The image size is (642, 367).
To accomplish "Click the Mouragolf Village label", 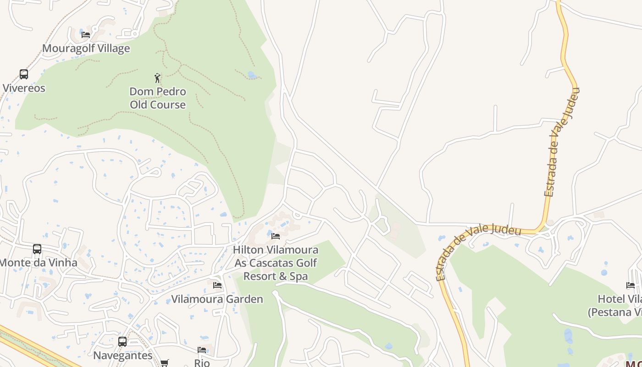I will (86, 48).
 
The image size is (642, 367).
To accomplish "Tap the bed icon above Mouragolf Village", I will (86, 34).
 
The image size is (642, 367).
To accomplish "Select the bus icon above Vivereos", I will (24, 74).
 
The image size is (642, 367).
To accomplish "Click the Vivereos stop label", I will (24, 88).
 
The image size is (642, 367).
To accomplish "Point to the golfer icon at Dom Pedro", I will (158, 78).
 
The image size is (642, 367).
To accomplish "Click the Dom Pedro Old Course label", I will (158, 98).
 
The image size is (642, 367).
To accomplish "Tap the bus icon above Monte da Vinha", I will (37, 249).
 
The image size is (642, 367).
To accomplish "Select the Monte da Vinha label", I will (38, 263).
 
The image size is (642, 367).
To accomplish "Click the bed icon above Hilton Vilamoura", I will (276, 236).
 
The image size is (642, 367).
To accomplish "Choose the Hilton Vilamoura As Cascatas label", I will (276, 263).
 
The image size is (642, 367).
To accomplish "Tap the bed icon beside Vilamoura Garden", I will (217, 285).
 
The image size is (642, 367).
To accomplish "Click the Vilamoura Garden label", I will (217, 299).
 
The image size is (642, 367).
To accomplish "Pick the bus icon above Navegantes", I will (122, 342).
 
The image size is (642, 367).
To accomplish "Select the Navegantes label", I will (122, 356).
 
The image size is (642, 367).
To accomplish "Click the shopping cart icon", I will (165, 363).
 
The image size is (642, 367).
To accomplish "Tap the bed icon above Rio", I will (202, 350).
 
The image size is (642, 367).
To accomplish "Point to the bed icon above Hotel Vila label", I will (631, 285).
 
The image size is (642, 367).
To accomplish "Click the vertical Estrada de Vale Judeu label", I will (562, 142).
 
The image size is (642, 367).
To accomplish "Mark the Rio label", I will (202, 363).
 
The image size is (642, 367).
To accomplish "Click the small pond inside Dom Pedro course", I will (251, 74).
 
